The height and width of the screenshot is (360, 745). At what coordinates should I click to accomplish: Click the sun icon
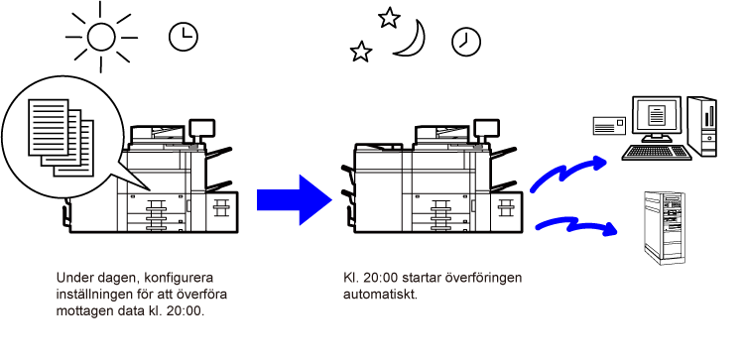[x=101, y=37]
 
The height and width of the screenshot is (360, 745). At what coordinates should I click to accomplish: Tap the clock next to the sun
[x=184, y=37]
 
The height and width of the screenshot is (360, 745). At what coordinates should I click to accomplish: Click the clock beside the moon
[x=466, y=42]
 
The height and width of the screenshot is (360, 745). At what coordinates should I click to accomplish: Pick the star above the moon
[x=389, y=18]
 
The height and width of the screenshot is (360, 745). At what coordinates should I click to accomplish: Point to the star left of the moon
[x=361, y=52]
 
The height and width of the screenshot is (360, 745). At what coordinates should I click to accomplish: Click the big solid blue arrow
[x=294, y=200]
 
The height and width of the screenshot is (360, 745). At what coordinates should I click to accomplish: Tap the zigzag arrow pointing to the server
[x=575, y=225]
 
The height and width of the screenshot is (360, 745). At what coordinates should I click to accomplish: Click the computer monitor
[x=657, y=119]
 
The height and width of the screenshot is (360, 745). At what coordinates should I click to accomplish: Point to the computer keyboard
[x=657, y=153]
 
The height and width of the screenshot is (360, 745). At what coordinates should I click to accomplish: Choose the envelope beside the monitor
[x=609, y=125]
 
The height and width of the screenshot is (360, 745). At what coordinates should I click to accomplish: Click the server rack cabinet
[x=665, y=228]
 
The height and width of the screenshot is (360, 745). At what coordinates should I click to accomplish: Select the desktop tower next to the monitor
[x=702, y=126]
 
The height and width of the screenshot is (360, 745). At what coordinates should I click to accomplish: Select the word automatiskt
[x=381, y=295]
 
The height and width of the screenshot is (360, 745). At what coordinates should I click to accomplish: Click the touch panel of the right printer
[x=486, y=127]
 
